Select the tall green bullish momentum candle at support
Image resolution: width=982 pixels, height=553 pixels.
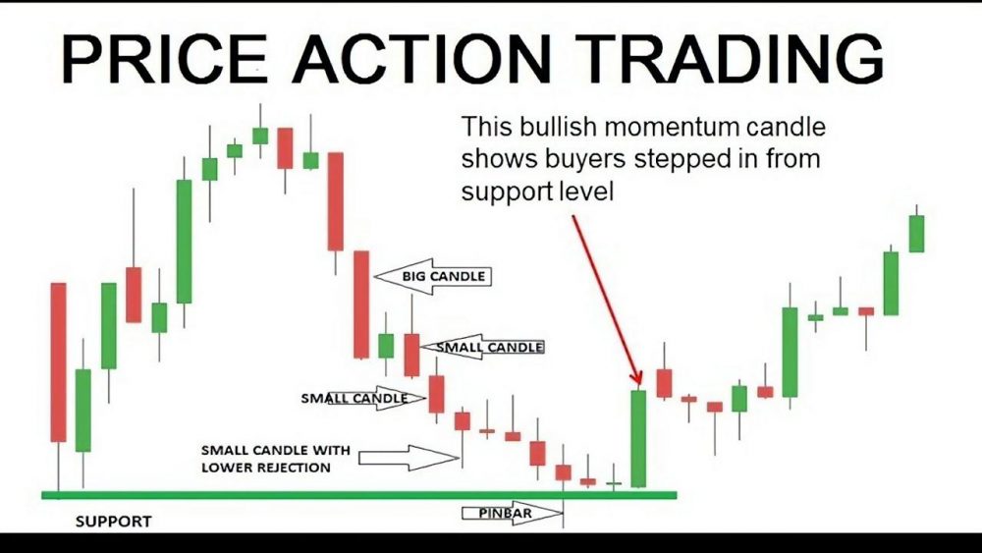(638, 438)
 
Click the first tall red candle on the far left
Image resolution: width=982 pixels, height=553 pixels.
(58, 361)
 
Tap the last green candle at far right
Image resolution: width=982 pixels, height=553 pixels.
(916, 233)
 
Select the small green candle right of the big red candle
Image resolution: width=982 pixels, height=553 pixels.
(386, 346)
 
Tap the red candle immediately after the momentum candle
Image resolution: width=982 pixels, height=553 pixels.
(664, 383)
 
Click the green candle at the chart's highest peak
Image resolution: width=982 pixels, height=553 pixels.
(260, 136)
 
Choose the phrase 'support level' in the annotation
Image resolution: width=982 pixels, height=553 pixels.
(536, 192)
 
